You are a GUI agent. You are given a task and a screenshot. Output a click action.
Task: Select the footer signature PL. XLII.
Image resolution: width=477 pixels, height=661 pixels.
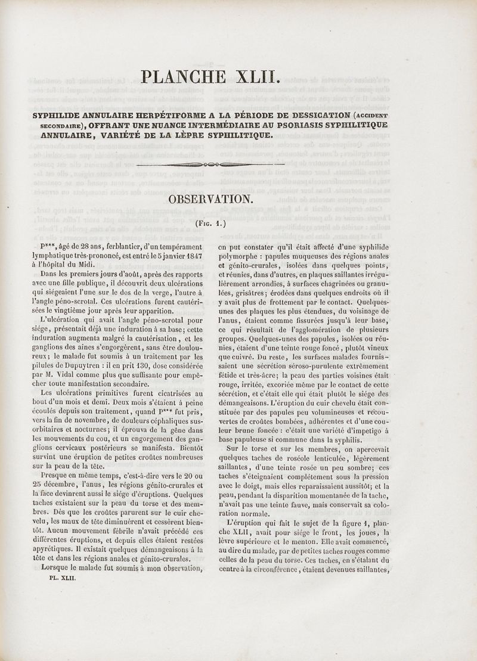62,578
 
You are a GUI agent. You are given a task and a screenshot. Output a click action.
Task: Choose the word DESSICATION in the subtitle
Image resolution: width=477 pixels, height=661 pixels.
314,115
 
